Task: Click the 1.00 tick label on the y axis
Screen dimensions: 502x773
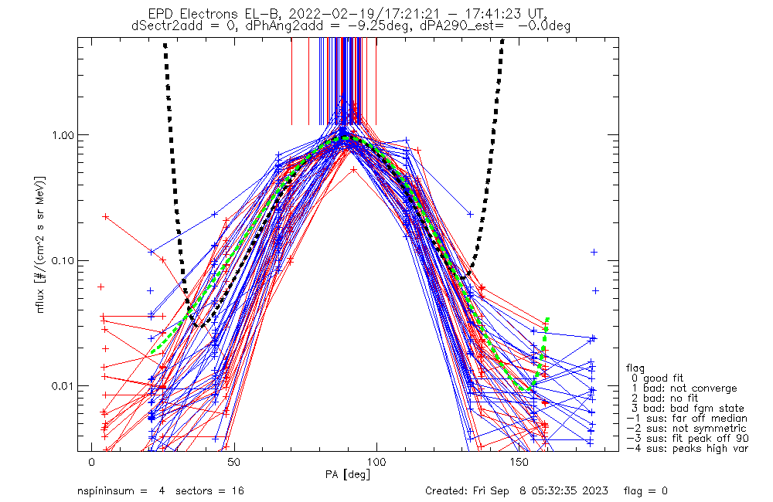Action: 60,135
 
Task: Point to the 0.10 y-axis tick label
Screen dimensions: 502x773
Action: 60,260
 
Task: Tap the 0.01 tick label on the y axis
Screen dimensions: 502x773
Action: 60,385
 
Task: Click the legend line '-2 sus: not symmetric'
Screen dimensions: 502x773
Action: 686,428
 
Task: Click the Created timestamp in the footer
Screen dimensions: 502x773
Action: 517,491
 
